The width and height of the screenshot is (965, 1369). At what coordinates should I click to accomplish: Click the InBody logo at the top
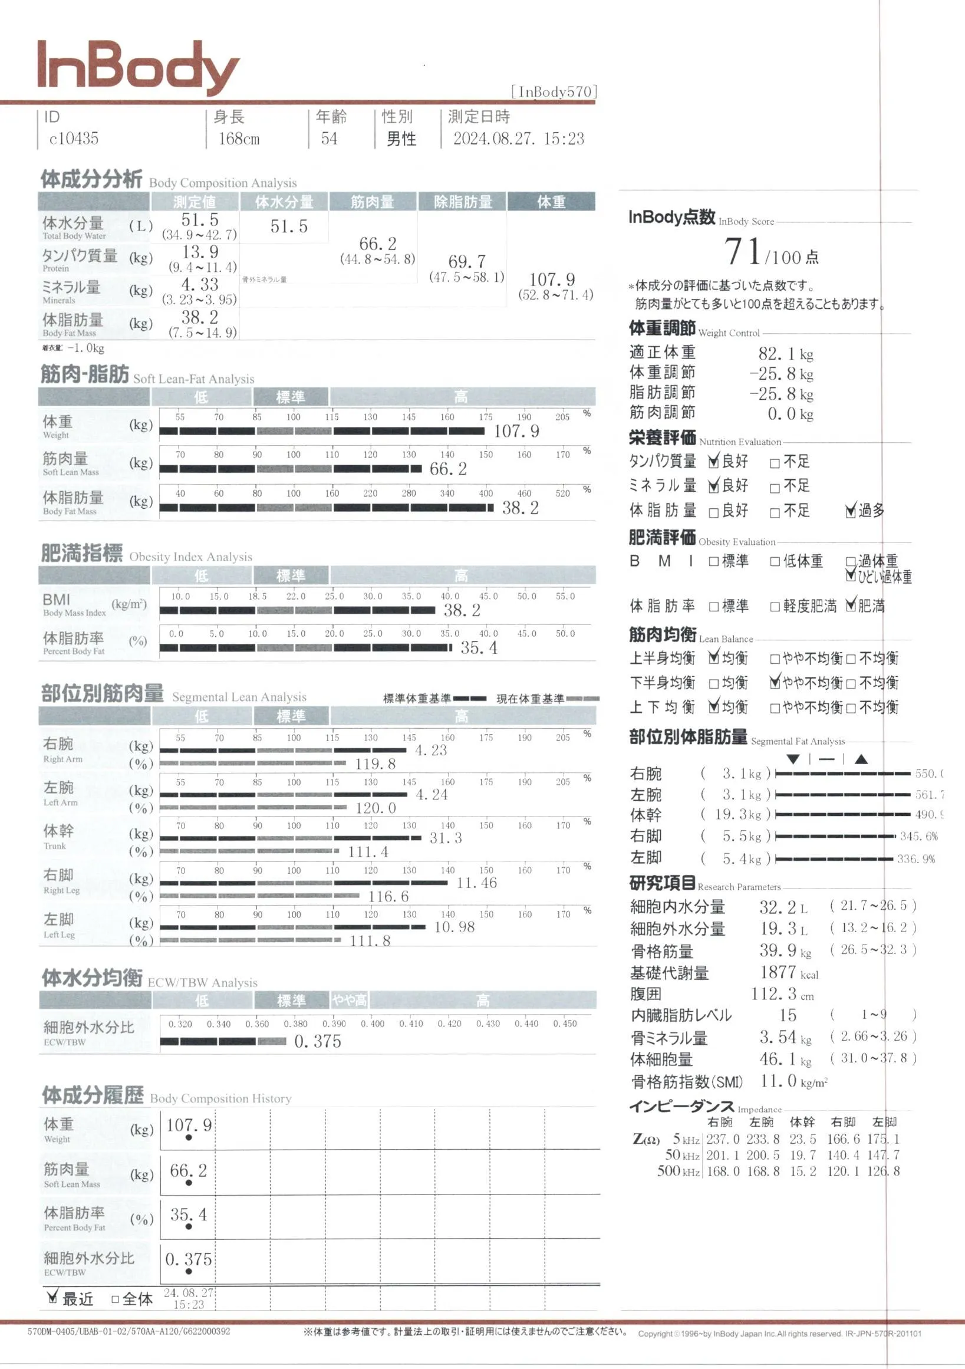[x=138, y=67]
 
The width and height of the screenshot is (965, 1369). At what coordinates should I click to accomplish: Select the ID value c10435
[x=73, y=139]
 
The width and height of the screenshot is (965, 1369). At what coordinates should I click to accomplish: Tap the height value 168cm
[x=238, y=139]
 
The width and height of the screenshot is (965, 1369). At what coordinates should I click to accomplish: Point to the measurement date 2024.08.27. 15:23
[x=518, y=139]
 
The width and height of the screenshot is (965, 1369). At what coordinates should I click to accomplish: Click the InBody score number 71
[x=743, y=251]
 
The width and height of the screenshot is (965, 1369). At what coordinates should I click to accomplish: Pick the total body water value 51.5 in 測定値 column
[x=200, y=219]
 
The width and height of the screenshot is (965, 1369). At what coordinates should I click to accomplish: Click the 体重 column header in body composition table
[x=551, y=202]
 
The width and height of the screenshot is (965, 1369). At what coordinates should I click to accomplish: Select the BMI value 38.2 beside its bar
[x=462, y=610]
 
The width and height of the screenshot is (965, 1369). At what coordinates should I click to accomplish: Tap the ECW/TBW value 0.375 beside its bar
[x=318, y=1041]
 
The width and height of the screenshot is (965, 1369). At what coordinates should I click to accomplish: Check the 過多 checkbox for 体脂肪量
[x=851, y=511]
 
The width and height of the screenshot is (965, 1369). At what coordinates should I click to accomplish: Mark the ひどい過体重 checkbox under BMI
[x=851, y=576]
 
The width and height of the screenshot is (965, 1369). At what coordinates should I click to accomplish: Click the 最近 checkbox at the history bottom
[x=52, y=1298]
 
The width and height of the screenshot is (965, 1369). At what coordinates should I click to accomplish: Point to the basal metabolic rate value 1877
[x=778, y=972]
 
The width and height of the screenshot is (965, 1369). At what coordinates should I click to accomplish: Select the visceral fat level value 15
[x=788, y=1015]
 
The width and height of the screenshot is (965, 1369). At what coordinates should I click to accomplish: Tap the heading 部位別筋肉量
[x=103, y=693]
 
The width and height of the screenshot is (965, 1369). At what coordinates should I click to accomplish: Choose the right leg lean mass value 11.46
[x=476, y=883]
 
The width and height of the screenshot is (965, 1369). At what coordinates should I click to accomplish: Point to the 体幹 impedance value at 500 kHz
[x=802, y=1171]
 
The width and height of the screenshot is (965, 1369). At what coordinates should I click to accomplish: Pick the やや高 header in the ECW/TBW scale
[x=350, y=1000]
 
